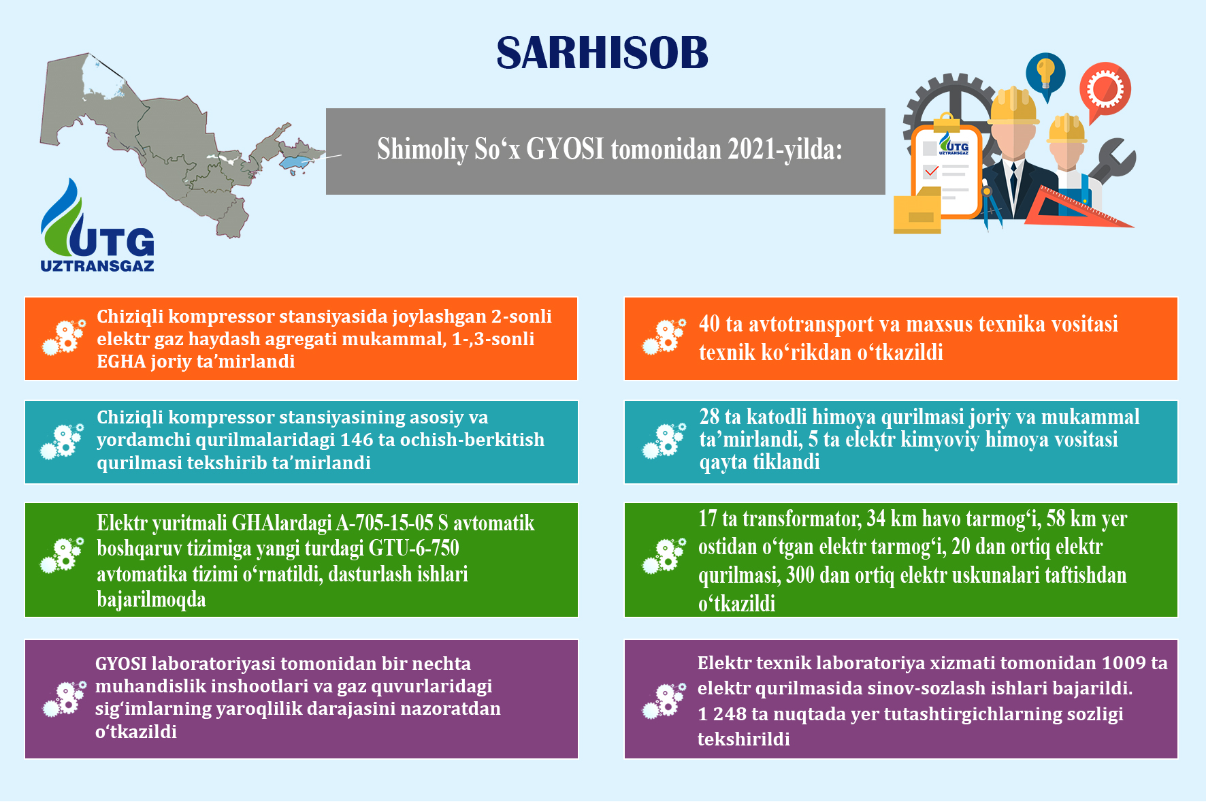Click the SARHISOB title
click(x=602, y=52)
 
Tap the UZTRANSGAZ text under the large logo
click(x=97, y=266)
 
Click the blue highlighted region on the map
click(x=300, y=162)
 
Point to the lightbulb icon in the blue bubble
click(x=1045, y=71)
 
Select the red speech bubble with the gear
click(x=1105, y=91)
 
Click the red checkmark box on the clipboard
click(x=930, y=172)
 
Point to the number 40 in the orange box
click(x=709, y=324)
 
